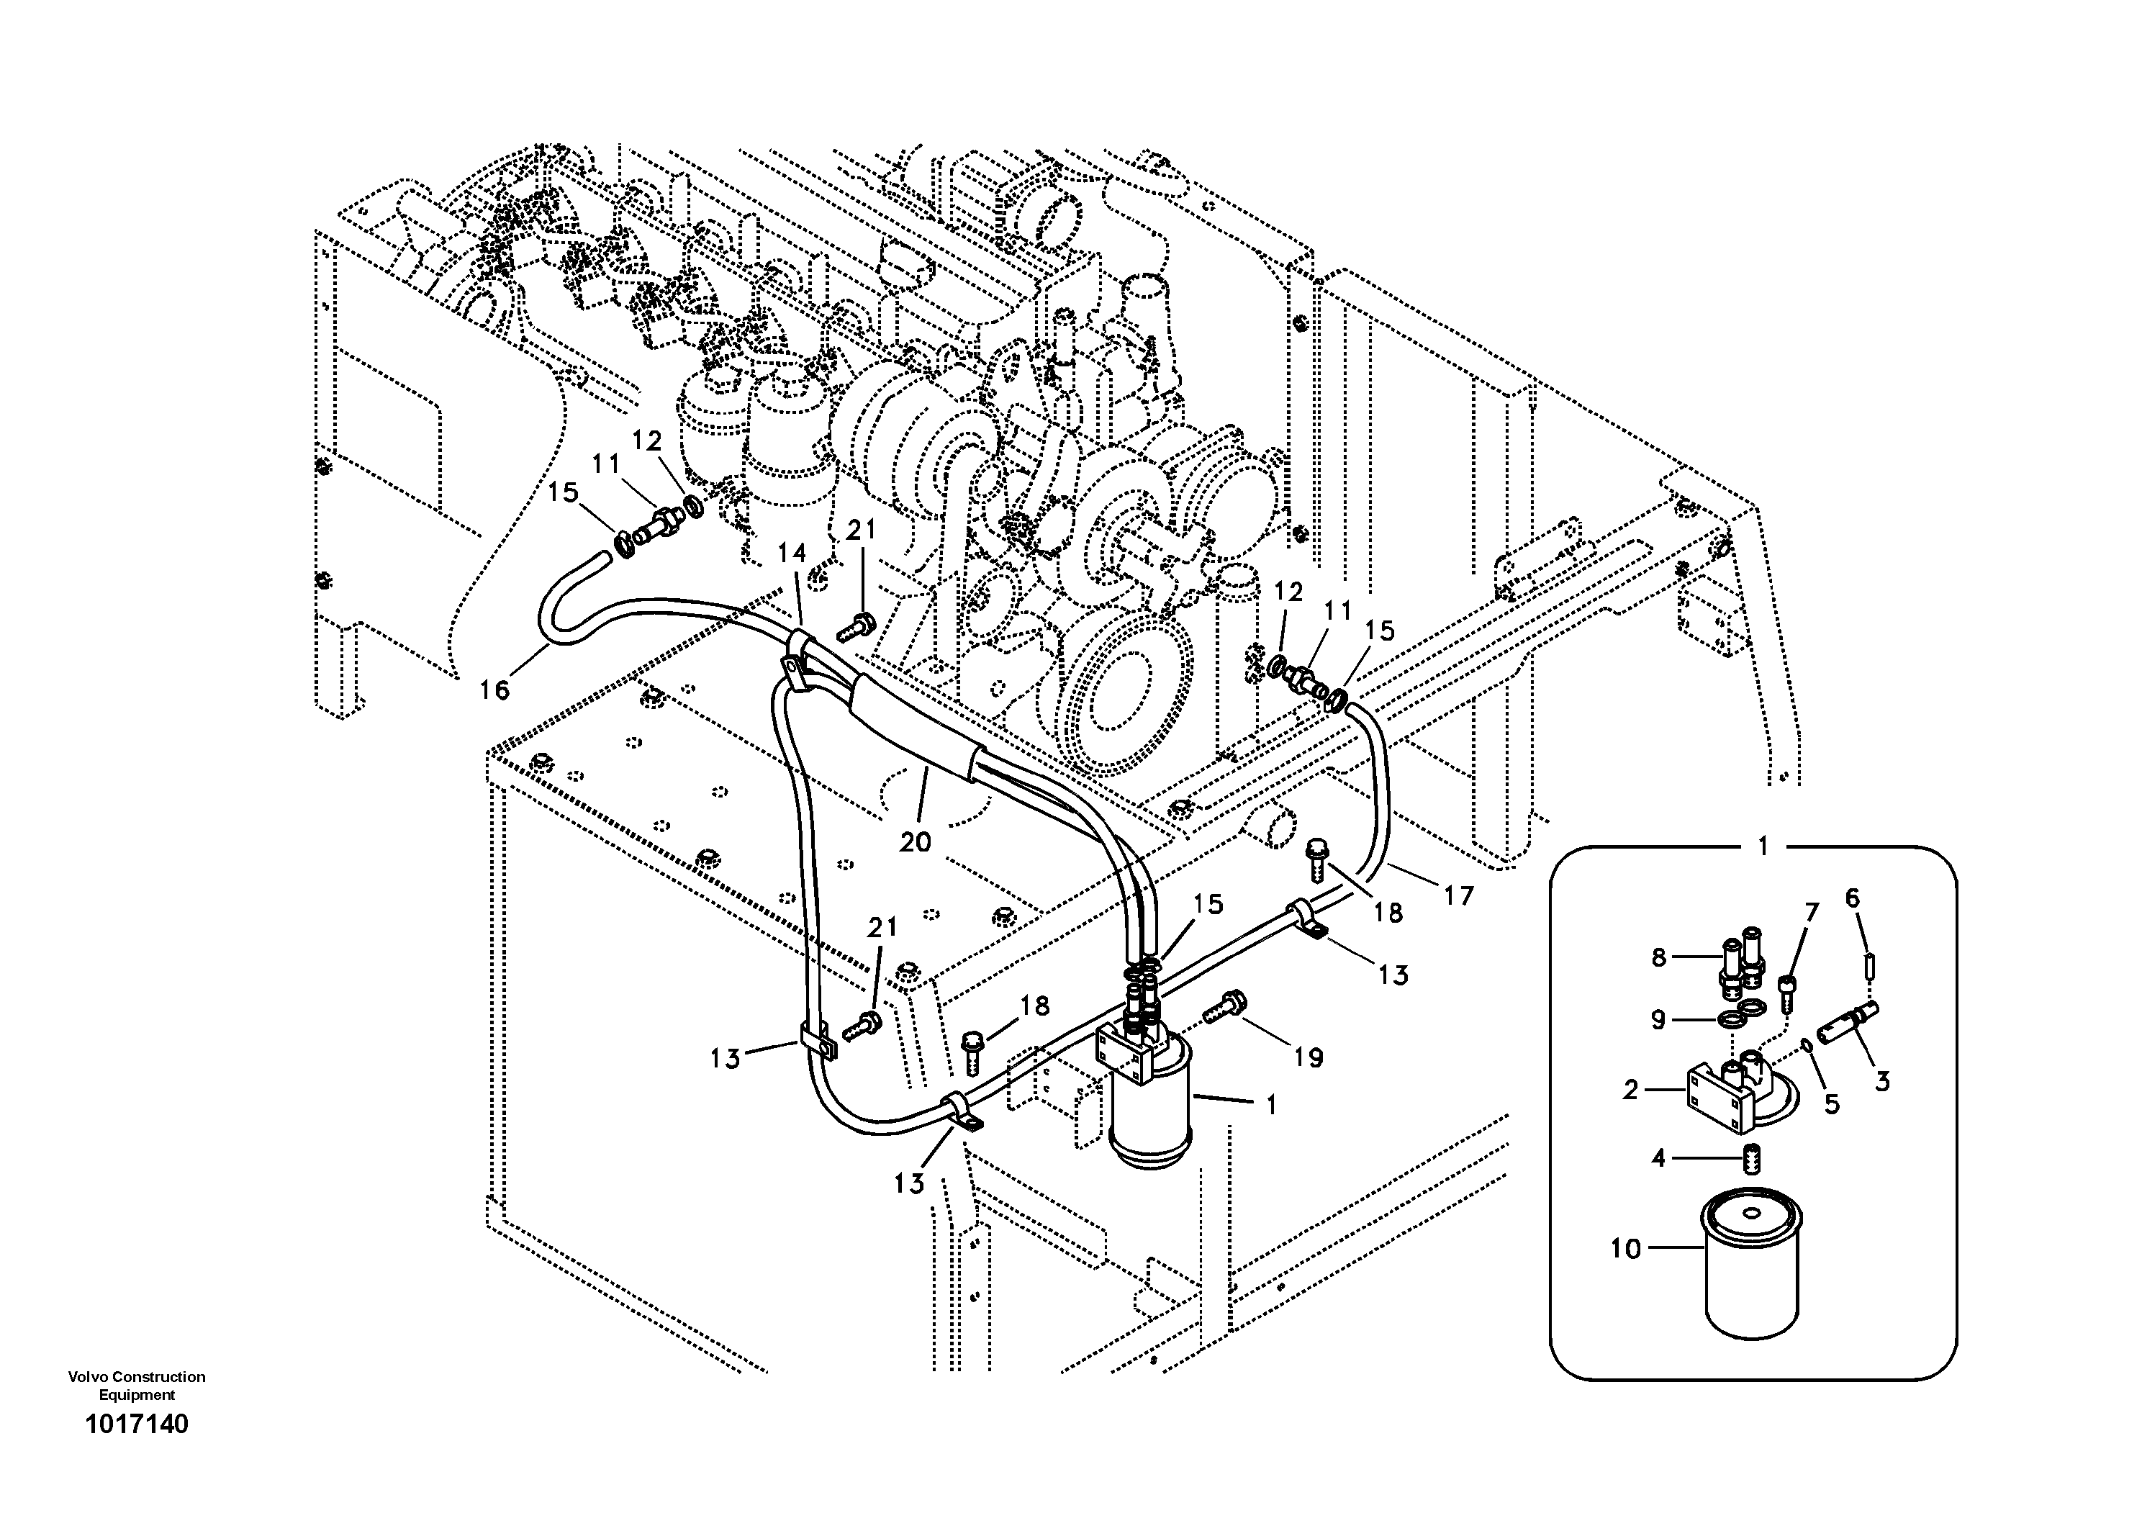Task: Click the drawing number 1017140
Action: click(136, 1424)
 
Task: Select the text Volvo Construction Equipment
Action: click(136, 1385)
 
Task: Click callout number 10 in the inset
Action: click(1625, 1248)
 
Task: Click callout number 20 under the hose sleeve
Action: click(916, 841)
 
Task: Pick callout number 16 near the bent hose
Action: click(495, 690)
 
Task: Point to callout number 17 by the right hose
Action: click(1458, 895)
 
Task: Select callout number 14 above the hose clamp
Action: click(792, 553)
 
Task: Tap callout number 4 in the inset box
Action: click(1658, 1159)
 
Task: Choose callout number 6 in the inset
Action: click(1852, 898)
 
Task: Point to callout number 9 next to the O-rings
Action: click(1658, 1019)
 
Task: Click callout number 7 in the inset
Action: click(1811, 912)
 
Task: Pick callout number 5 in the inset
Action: click(1831, 1104)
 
